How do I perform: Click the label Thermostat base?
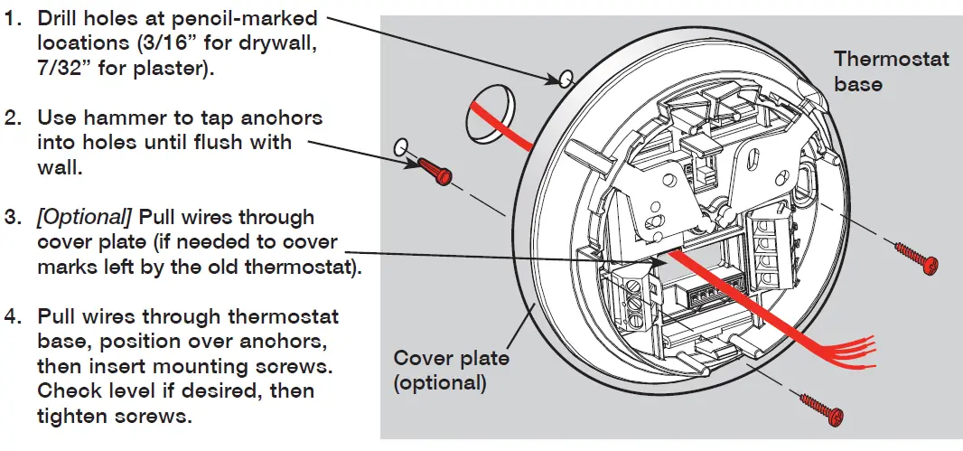pos(891,71)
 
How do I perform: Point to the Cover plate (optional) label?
pos(452,371)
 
